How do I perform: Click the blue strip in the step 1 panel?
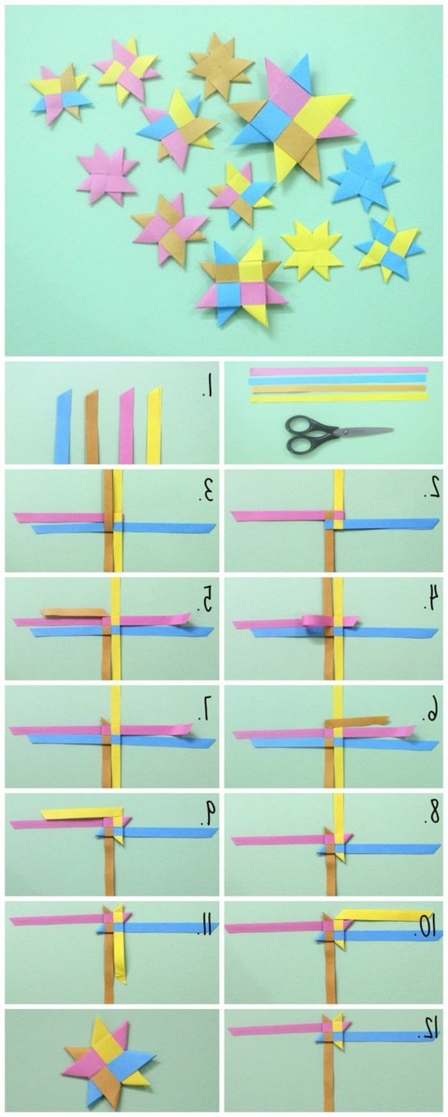click(x=63, y=425)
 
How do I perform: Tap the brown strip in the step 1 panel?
click(x=93, y=425)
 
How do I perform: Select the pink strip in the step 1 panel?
click(x=126, y=425)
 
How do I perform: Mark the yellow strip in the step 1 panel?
click(x=154, y=425)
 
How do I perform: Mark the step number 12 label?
click(x=428, y=1029)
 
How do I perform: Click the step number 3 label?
click(x=205, y=491)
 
